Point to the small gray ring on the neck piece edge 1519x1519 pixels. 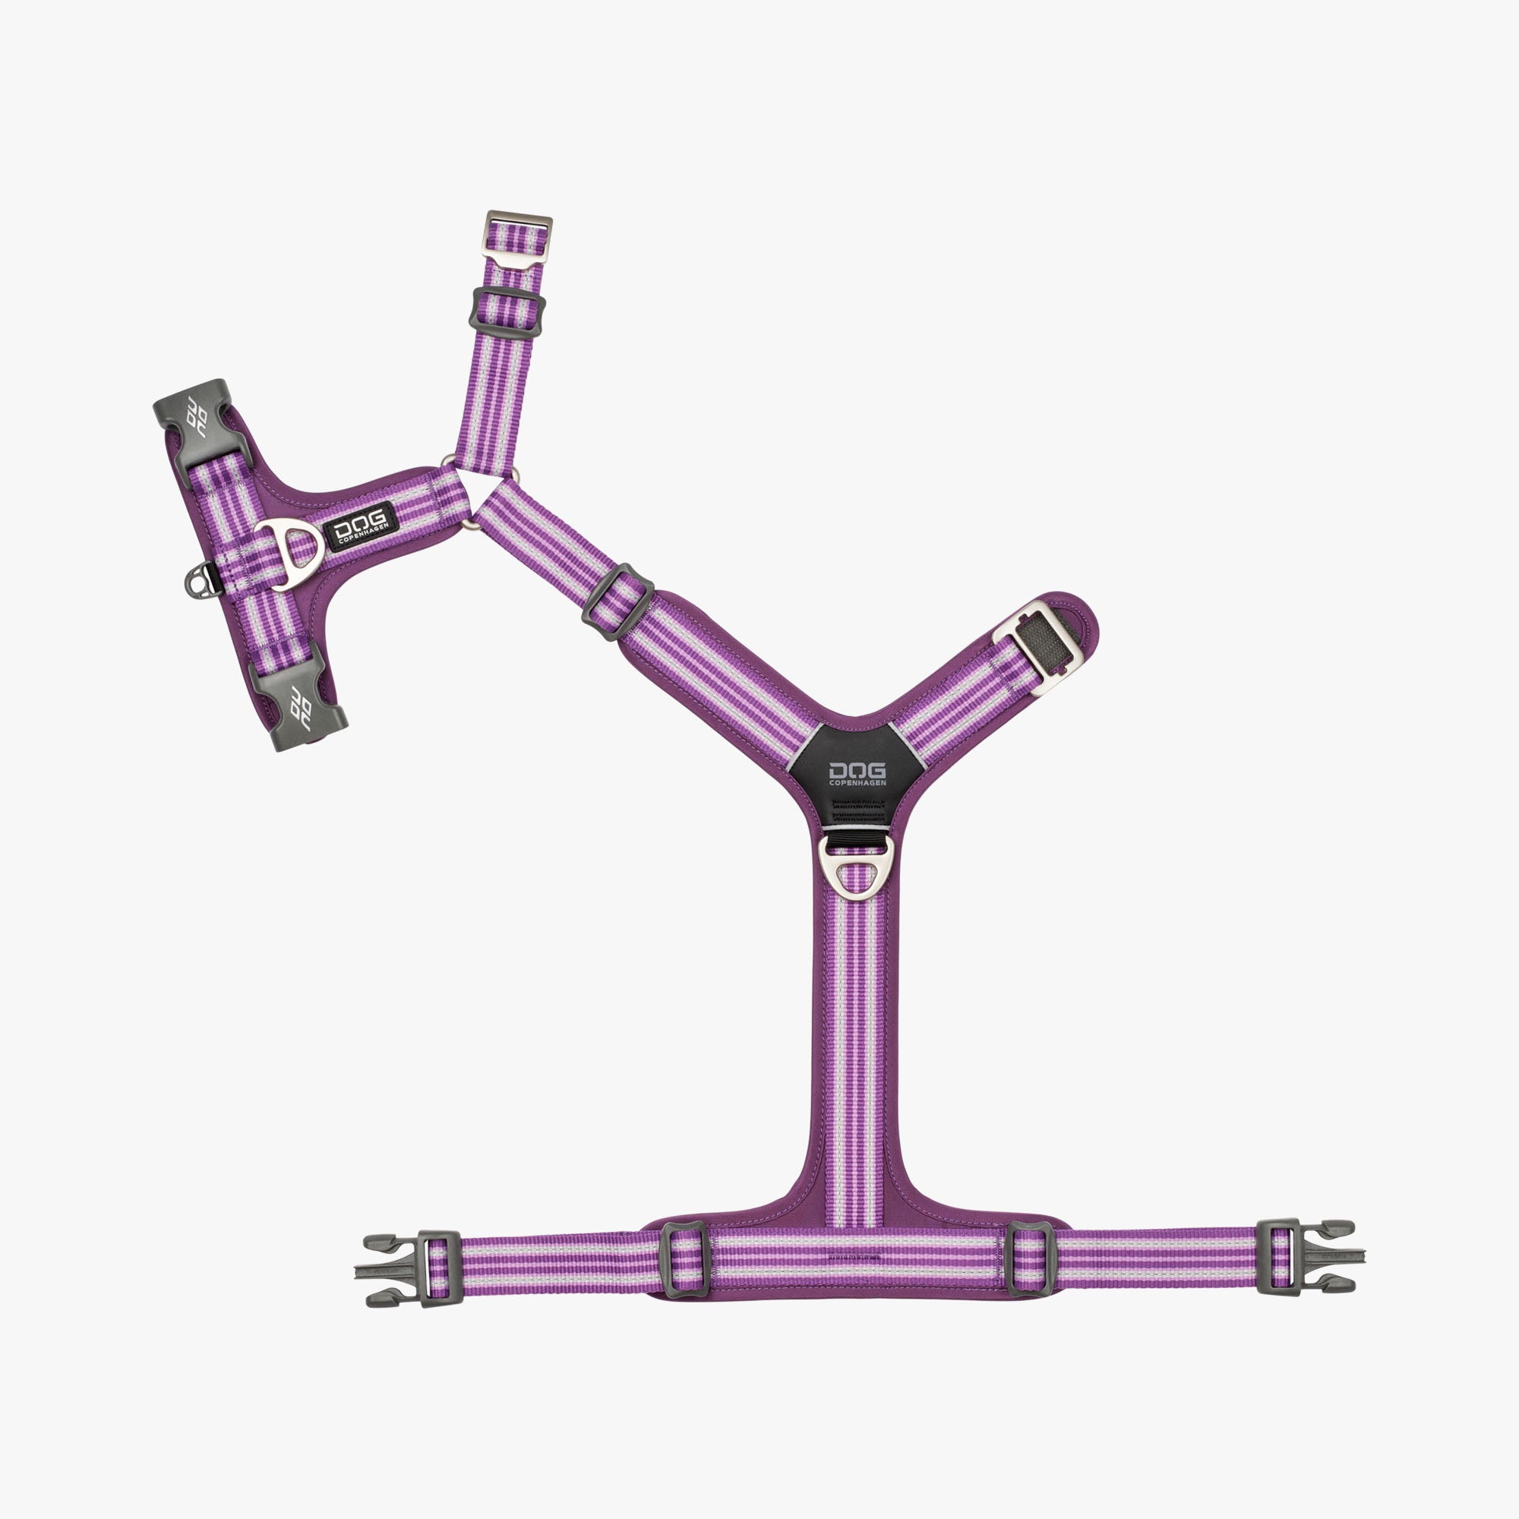coord(197,581)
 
